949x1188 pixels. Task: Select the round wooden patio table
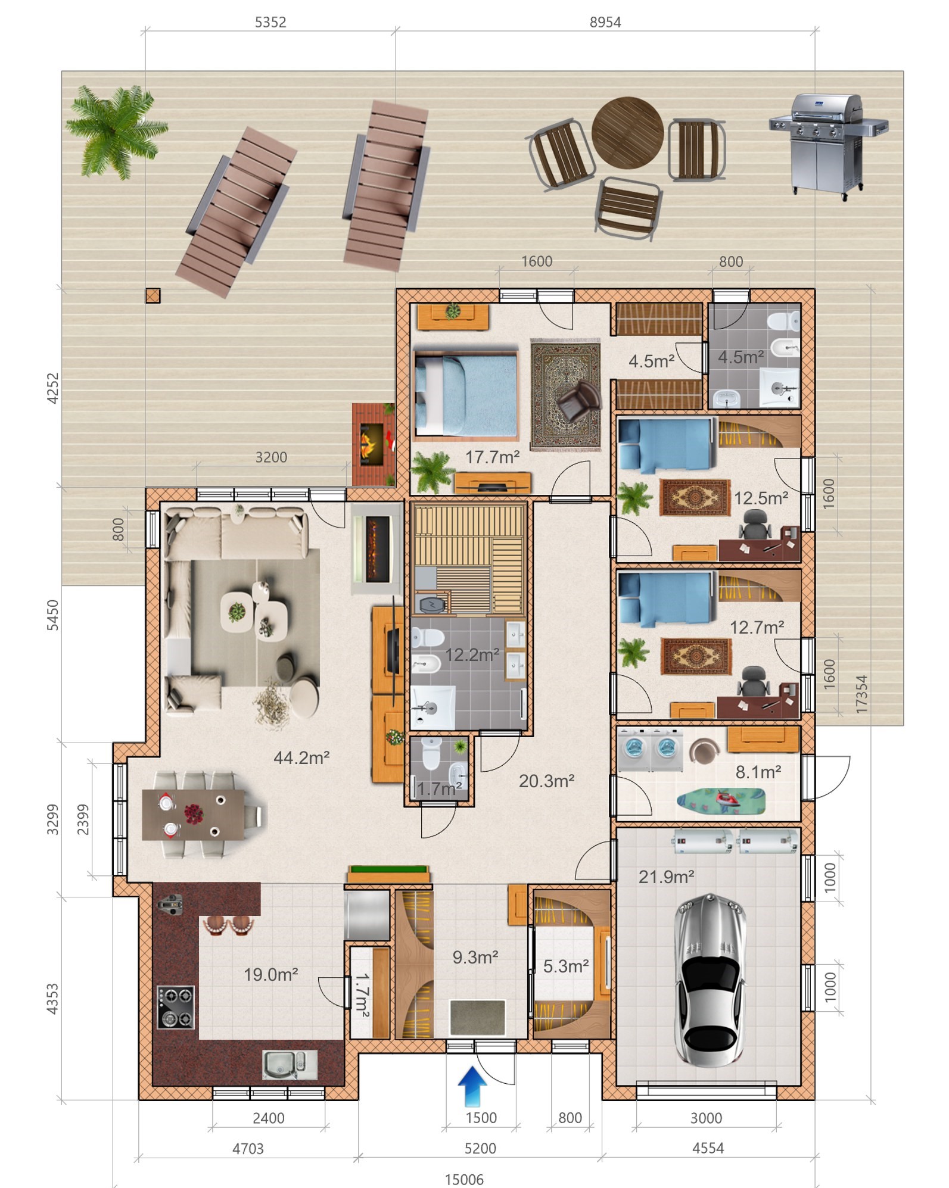(x=627, y=133)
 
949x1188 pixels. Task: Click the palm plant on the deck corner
(x=116, y=132)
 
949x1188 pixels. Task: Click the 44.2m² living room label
(x=301, y=757)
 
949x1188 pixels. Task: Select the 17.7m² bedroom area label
(x=492, y=457)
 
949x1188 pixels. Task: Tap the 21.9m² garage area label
(x=666, y=876)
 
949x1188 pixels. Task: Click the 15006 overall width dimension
(x=464, y=1179)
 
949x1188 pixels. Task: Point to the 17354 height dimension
(x=861, y=694)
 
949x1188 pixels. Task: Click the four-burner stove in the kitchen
(x=176, y=1007)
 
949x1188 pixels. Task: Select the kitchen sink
(x=290, y=1065)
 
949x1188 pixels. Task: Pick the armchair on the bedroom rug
(x=577, y=400)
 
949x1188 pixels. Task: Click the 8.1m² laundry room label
(x=758, y=772)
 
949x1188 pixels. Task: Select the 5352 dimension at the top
(x=270, y=22)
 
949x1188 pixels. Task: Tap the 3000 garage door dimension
(x=706, y=1118)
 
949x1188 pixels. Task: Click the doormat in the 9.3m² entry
(x=477, y=1018)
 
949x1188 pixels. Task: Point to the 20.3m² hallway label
(x=546, y=781)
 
